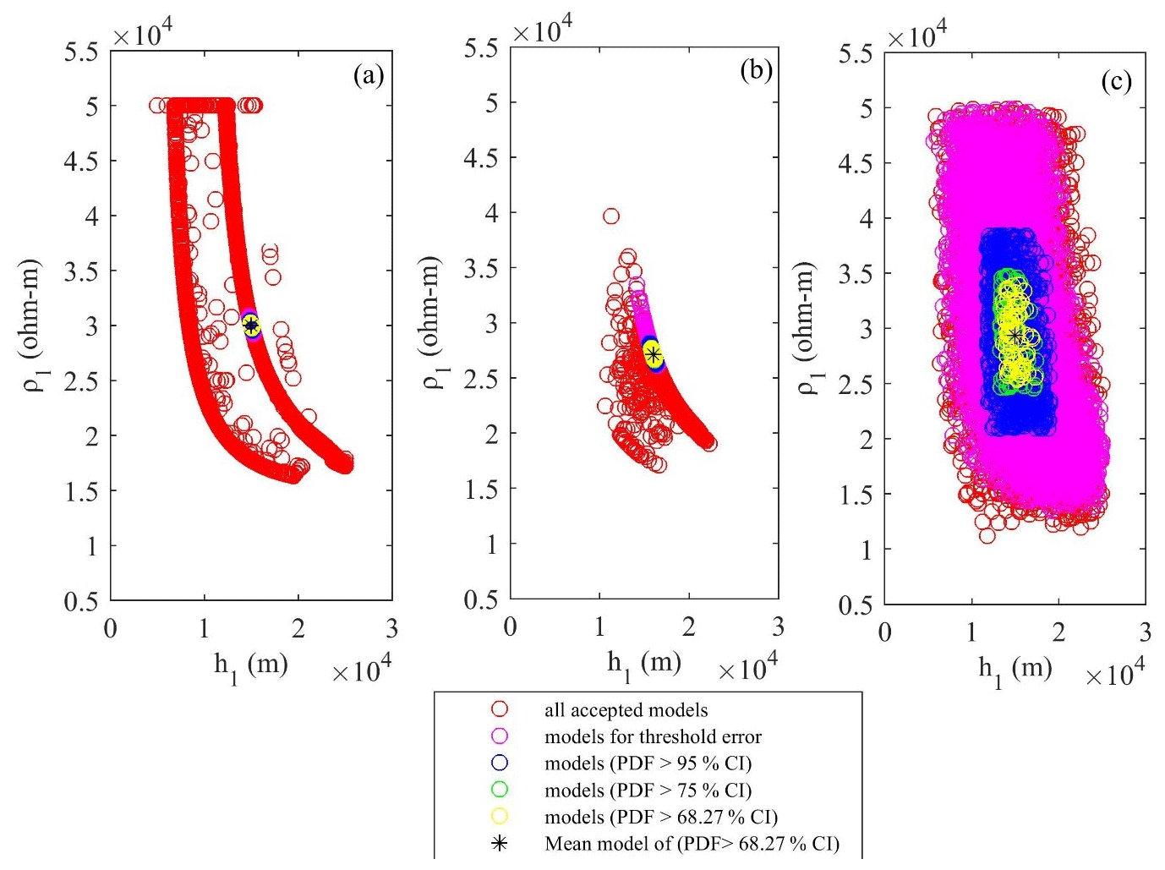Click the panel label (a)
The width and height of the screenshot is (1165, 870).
[369, 76]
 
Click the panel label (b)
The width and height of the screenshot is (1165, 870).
[756, 70]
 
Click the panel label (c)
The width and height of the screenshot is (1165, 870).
[1116, 81]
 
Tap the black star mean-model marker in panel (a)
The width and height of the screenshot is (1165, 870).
[250, 325]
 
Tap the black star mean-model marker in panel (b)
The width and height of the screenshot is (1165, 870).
[653, 354]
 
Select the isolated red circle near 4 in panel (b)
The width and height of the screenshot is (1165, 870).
[610, 216]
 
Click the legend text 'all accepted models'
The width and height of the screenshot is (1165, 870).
[626, 710]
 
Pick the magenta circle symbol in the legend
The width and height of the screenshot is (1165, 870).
[500, 736]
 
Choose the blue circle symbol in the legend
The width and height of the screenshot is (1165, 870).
[500, 763]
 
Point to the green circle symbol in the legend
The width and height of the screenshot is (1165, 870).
[500, 790]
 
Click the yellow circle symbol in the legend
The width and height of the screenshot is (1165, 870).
[500, 817]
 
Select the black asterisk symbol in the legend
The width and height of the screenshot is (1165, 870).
[500, 843]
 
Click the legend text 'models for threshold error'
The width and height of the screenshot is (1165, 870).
[653, 736]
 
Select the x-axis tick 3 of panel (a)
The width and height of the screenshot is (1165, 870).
[391, 628]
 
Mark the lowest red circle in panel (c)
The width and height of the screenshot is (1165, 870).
[987, 535]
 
